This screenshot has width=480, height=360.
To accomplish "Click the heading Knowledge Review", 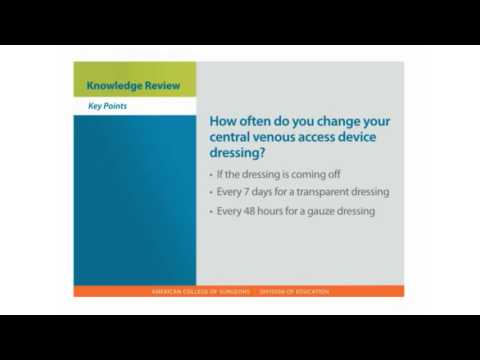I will (133, 86).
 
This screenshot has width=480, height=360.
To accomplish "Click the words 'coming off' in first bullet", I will (301, 173).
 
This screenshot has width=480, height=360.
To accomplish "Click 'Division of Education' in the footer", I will (294, 292).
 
